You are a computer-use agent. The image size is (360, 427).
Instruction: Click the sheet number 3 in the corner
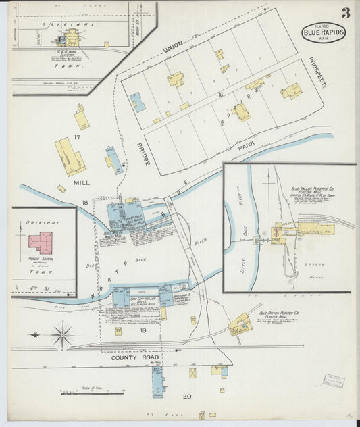pyautogui.click(x=345, y=13)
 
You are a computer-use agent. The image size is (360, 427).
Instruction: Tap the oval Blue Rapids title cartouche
pyautogui.click(x=324, y=32)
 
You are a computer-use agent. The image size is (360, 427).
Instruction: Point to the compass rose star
pyautogui.click(x=62, y=333)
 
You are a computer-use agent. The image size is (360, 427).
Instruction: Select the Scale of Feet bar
pyautogui.click(x=92, y=393)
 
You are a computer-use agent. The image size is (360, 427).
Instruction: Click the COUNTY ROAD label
pyautogui.click(x=134, y=359)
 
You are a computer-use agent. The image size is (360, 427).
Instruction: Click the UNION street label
pyautogui.click(x=177, y=46)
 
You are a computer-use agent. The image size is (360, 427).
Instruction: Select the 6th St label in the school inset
pyautogui.click(x=38, y=290)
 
